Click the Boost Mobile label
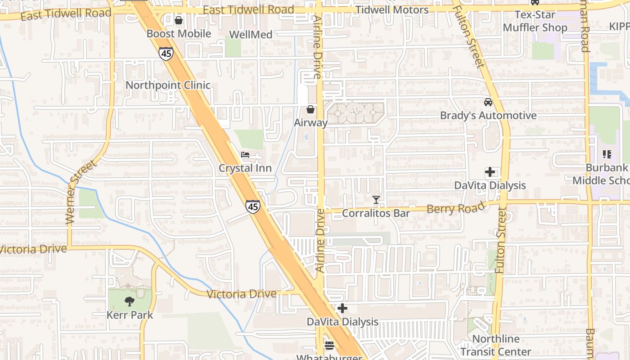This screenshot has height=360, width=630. [x=179, y=34]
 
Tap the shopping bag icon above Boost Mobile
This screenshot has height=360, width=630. [x=179, y=20]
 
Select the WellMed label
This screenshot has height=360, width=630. [x=251, y=35]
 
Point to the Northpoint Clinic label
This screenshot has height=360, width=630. [x=168, y=85]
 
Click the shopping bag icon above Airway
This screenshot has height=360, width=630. [x=310, y=109]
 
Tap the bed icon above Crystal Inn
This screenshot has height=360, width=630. [x=245, y=155]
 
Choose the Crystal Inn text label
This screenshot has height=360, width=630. [x=245, y=168]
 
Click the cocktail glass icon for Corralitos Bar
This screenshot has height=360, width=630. [x=376, y=199]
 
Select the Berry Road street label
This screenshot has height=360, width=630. [x=456, y=208]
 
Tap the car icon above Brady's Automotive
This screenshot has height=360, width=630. [x=488, y=102]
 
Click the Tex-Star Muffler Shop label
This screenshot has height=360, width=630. [x=535, y=21]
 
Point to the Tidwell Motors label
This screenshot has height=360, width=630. [x=392, y=10]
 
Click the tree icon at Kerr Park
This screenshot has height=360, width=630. [x=130, y=301]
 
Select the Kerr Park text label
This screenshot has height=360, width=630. [x=130, y=315]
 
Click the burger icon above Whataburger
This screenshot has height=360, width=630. [x=329, y=346]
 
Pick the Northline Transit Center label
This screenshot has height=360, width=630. [x=496, y=345]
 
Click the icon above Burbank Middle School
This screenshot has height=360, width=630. [x=607, y=155]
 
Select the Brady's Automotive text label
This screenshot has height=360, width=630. [x=488, y=116]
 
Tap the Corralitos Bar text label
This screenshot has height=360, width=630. [x=376, y=213]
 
